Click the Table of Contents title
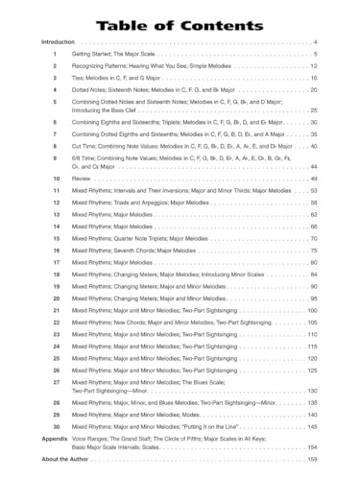click(180, 21)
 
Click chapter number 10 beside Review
click(57, 179)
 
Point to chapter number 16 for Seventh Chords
click(57, 250)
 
